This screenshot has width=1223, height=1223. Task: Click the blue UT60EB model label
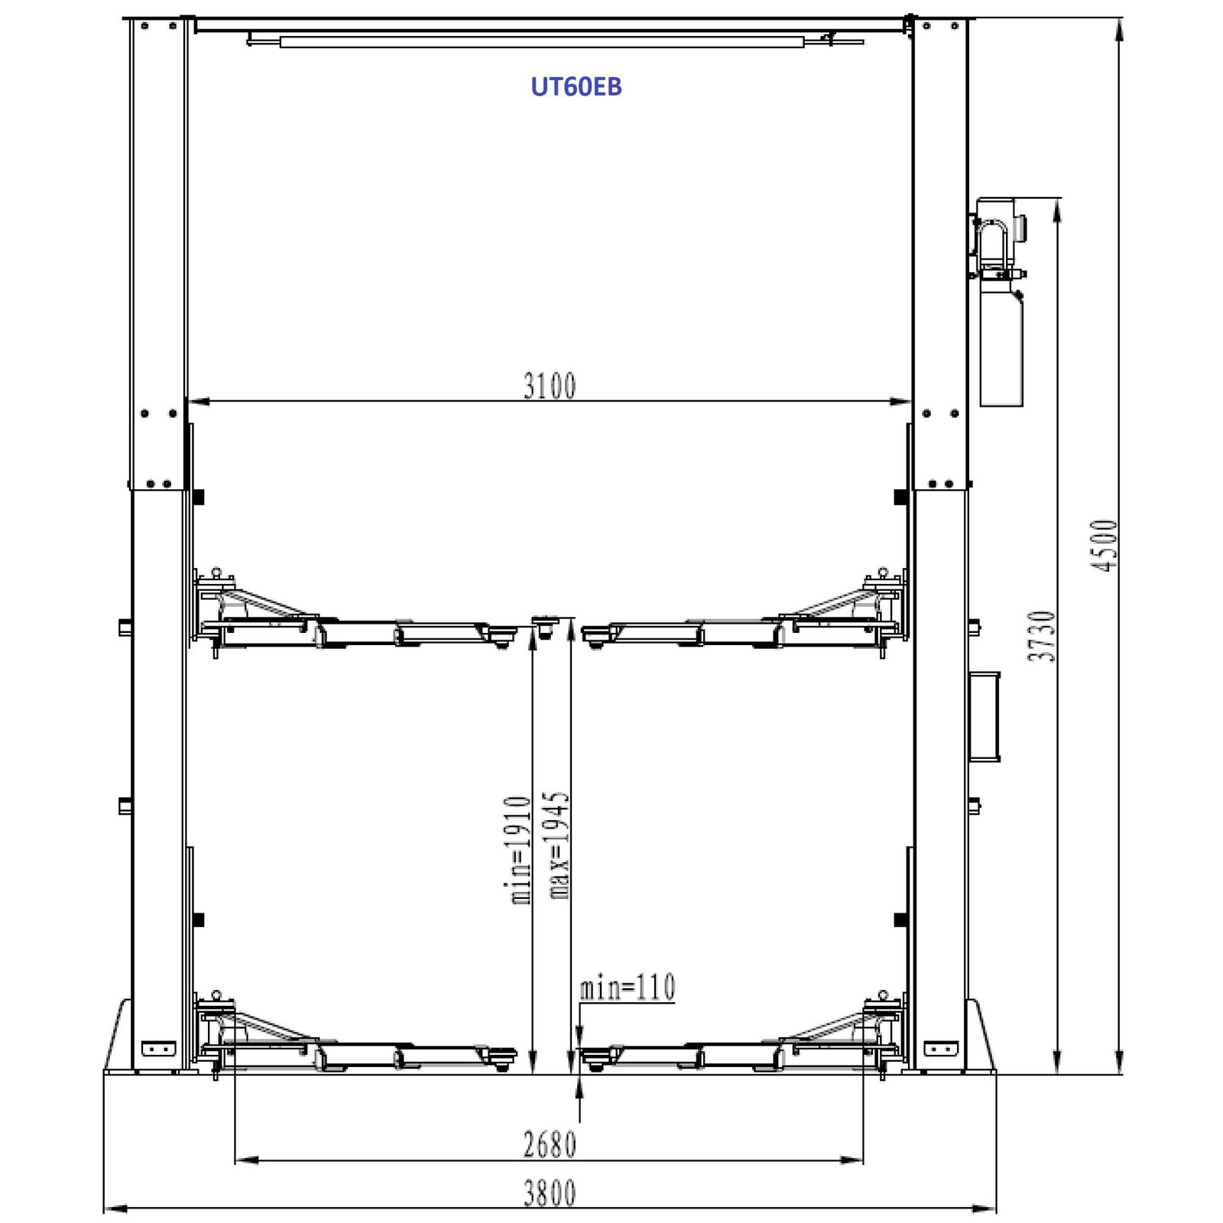pos(576,86)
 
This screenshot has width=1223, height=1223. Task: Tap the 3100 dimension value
pos(550,386)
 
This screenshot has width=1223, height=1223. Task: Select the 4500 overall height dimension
pos(1105,545)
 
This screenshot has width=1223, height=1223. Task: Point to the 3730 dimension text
pos(1042,636)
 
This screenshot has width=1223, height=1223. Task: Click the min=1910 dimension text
pos(520,850)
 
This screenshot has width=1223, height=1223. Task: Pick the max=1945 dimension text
pos(558,845)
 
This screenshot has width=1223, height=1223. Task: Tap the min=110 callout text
pos(628,987)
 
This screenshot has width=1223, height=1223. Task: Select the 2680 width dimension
pos(550,1144)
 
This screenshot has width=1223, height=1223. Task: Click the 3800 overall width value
pos(550,1193)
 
